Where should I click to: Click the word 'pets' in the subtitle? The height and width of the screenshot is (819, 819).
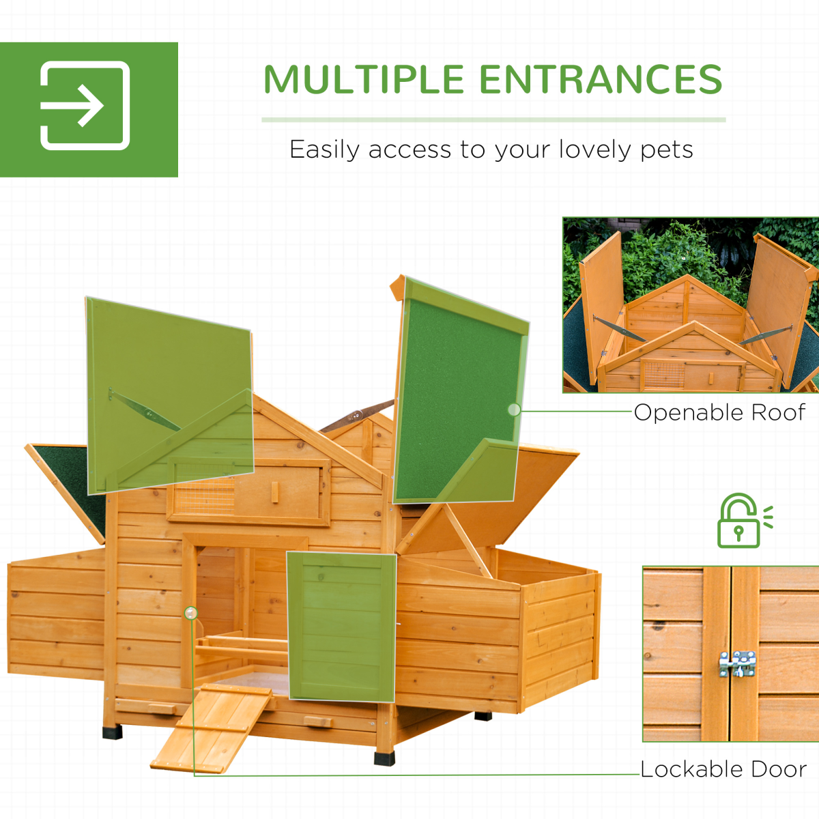pyautogui.click(x=667, y=150)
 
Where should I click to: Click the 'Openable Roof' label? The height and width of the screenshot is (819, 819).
pyautogui.click(x=719, y=412)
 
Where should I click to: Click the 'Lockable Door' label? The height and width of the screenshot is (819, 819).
pyautogui.click(x=723, y=769)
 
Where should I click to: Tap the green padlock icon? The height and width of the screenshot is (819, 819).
pyautogui.click(x=740, y=521)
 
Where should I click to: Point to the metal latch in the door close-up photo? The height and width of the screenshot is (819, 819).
pyautogui.click(x=737, y=663)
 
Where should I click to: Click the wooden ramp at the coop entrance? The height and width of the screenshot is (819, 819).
pyautogui.click(x=212, y=727)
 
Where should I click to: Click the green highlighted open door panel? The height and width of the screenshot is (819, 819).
pyautogui.click(x=341, y=627)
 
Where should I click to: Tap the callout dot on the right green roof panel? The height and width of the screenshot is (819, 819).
pyautogui.click(x=514, y=409)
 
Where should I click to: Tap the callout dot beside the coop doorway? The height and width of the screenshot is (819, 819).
pyautogui.click(x=191, y=613)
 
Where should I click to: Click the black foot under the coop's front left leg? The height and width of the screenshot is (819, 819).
pyautogui.click(x=112, y=732)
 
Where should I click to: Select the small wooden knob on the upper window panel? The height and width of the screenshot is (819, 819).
pyautogui.click(x=274, y=491)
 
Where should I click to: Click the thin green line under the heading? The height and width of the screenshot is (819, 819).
pyautogui.click(x=493, y=120)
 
